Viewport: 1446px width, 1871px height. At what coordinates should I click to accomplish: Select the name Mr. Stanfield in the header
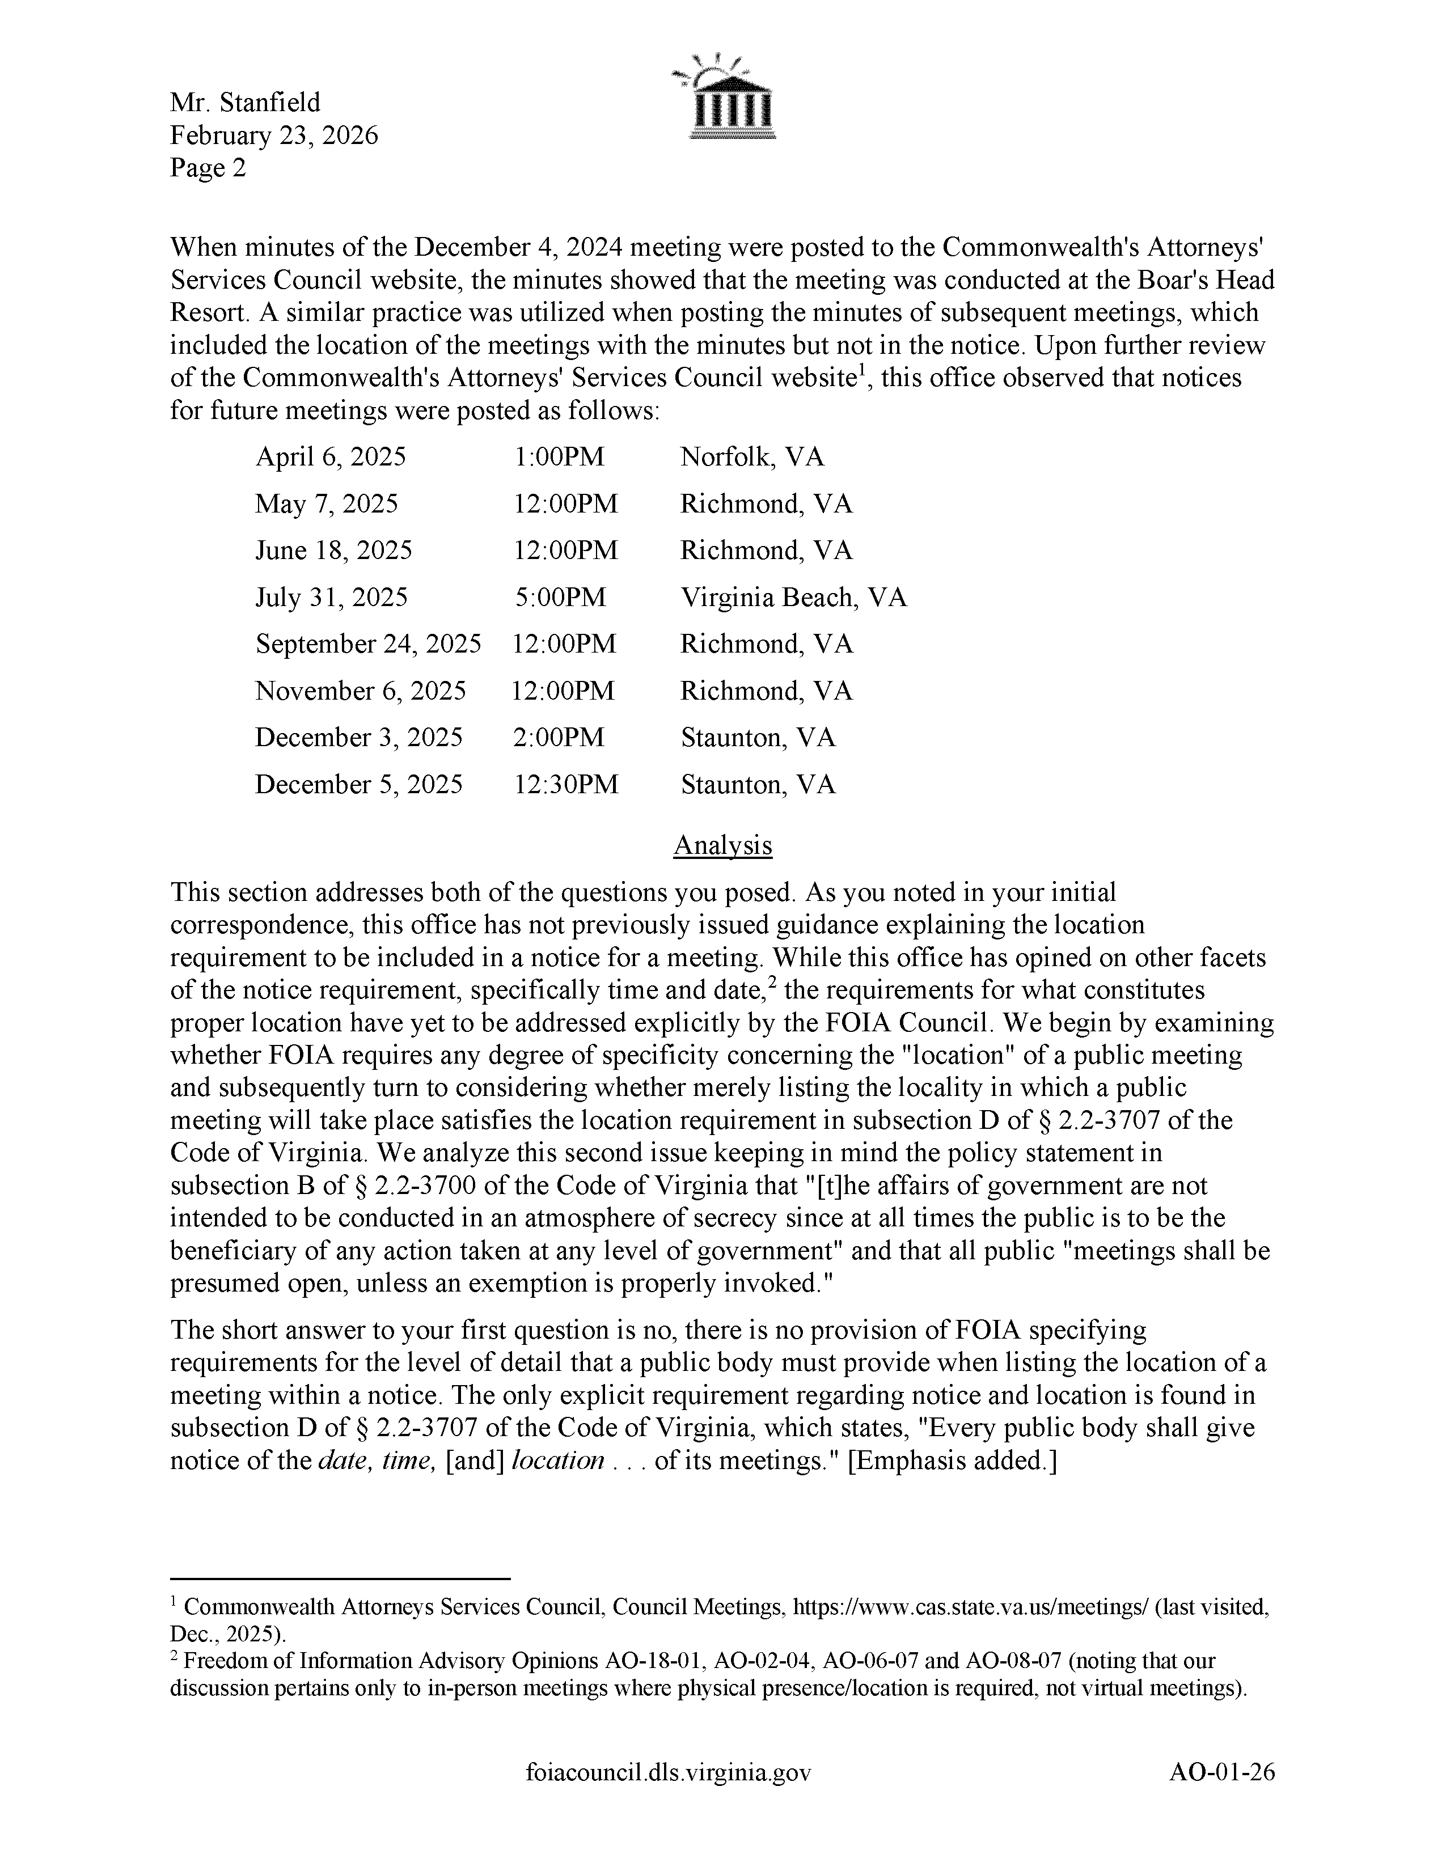coord(245,103)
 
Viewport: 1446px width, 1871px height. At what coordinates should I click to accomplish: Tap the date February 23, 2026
coord(274,136)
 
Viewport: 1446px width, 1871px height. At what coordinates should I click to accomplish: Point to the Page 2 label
coord(208,168)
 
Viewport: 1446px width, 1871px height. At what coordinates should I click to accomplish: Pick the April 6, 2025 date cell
coord(331,456)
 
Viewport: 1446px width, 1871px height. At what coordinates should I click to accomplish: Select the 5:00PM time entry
coord(561,597)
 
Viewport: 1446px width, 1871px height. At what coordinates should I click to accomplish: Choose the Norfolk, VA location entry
coord(752,456)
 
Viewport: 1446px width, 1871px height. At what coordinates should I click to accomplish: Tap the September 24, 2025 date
coord(369,644)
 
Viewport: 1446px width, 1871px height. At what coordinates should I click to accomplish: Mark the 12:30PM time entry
coord(566,784)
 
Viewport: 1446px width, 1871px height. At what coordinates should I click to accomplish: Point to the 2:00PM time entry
coord(559,736)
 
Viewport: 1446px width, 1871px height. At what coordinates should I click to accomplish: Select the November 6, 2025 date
coord(361,691)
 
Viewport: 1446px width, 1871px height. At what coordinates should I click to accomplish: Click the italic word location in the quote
coord(557,1460)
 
